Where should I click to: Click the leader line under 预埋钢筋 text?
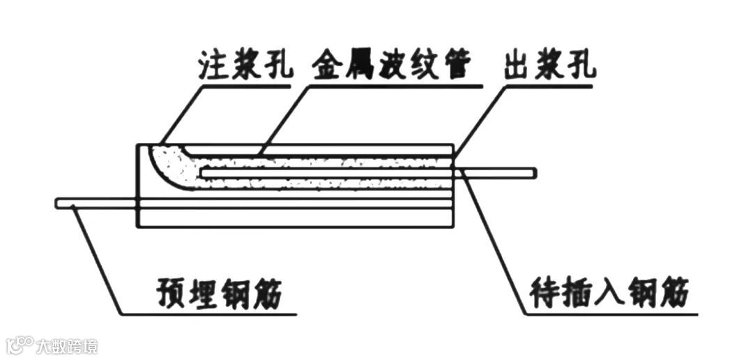pyautogui.click(x=209, y=315)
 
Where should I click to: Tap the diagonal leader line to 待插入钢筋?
pyautogui.click(x=495, y=244)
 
